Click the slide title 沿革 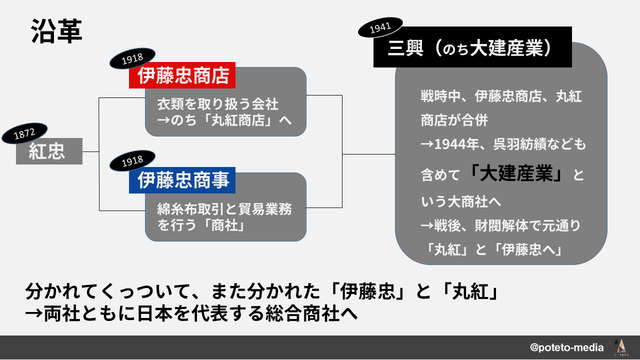click(x=56, y=31)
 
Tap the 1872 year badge click(x=24, y=133)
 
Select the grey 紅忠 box click(x=49, y=151)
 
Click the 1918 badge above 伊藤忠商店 click(x=132, y=58)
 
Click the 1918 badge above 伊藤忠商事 click(x=132, y=161)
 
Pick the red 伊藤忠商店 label click(x=182, y=75)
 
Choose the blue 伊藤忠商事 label click(x=182, y=180)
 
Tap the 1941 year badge click(x=380, y=27)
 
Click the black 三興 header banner click(x=472, y=47)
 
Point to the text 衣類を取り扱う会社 click(x=217, y=104)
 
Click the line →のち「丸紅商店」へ click(x=224, y=120)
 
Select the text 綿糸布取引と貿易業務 click(x=224, y=209)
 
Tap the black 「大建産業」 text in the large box click(x=516, y=173)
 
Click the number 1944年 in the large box click(x=456, y=144)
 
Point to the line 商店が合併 click(x=454, y=120)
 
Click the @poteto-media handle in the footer click(x=567, y=347)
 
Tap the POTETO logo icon click(x=621, y=347)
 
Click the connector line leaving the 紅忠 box click(x=91, y=151)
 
